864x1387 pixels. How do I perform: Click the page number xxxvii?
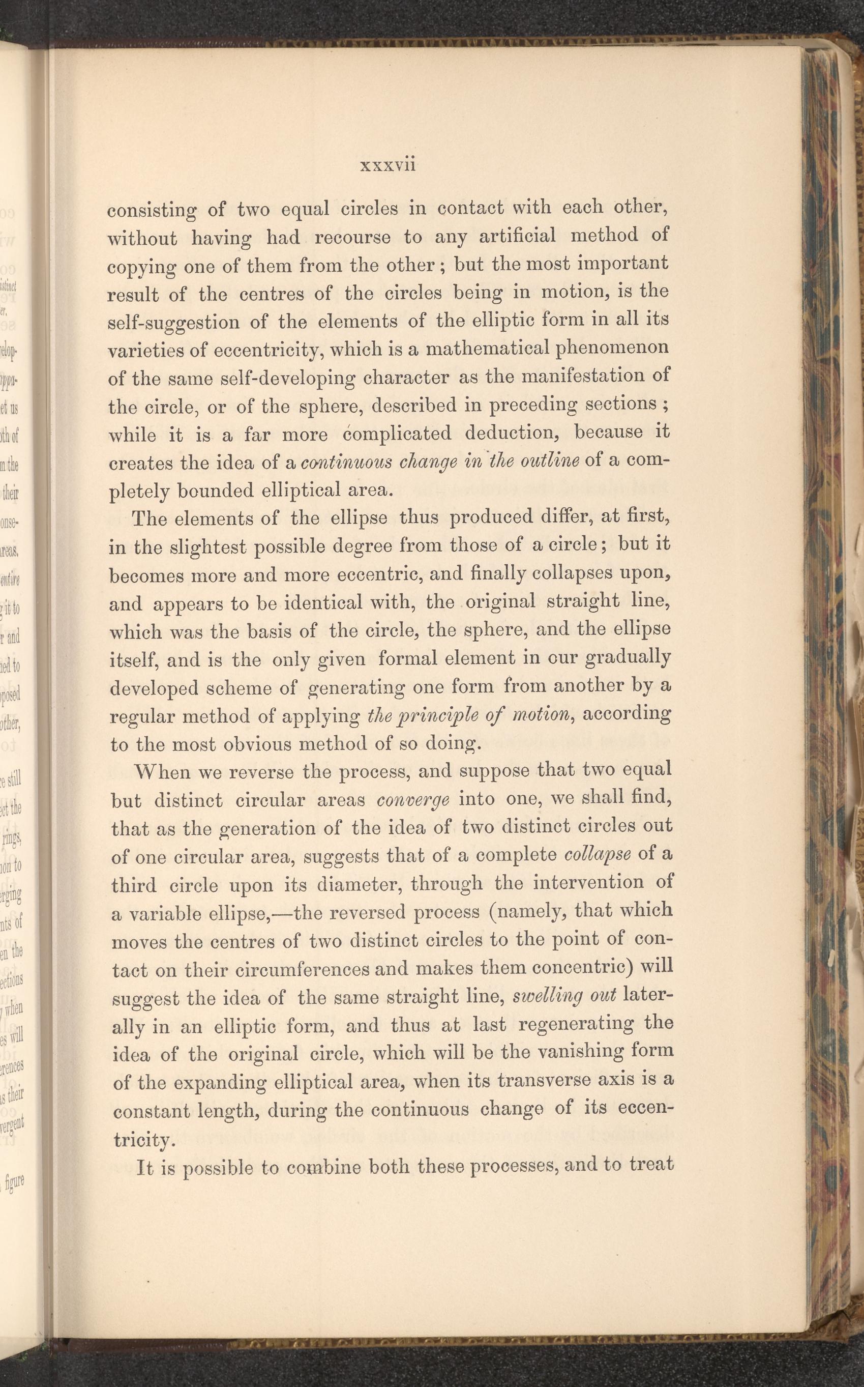[388, 165]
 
